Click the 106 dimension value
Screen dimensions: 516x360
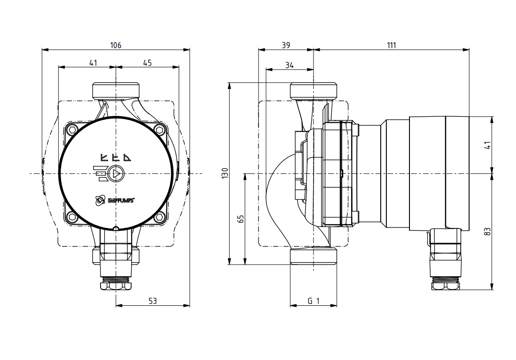pos(115,45)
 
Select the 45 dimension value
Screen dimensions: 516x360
pos(147,63)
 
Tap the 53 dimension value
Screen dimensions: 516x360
pos(153,301)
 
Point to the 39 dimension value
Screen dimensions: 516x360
pos(286,45)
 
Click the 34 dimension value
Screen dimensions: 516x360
pos(289,65)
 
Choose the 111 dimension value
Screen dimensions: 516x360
pos(391,45)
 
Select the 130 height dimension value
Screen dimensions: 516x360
pos(225,173)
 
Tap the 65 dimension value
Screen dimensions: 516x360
pos(241,219)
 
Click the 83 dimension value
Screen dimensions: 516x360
pos(488,231)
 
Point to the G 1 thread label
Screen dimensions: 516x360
pos(314,301)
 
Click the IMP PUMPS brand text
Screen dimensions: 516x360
pos(121,200)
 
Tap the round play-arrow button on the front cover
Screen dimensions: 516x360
pos(115,173)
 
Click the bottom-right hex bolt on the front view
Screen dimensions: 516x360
pos(160,217)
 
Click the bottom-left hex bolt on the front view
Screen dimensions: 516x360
pos(71,217)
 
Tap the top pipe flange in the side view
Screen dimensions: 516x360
pos(313,90)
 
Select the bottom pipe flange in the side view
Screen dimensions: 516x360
pos(313,256)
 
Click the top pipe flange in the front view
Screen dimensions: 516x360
pos(116,90)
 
